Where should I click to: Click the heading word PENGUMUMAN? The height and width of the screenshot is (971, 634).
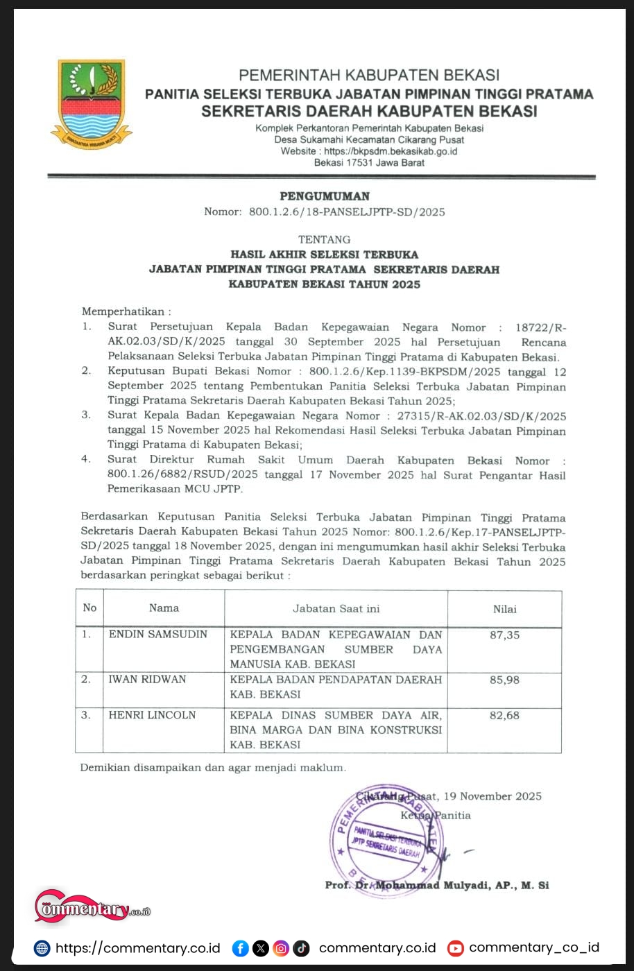click(325, 196)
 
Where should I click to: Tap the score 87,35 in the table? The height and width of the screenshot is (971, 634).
click(504, 635)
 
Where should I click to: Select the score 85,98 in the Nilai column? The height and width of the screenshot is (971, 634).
click(504, 680)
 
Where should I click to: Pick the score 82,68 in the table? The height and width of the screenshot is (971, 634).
click(504, 716)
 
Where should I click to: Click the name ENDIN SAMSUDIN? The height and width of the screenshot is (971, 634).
click(157, 635)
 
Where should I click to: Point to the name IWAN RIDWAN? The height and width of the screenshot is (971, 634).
click(147, 680)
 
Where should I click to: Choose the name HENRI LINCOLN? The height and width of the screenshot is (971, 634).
click(152, 715)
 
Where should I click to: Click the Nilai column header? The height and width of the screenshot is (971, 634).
click(504, 609)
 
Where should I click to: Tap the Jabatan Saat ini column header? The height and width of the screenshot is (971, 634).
click(336, 608)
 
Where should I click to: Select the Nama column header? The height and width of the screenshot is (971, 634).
click(164, 608)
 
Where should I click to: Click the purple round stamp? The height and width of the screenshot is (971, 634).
click(385, 841)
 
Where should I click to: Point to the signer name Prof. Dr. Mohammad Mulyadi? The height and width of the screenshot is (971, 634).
click(437, 886)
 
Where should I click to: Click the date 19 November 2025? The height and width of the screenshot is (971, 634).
click(492, 796)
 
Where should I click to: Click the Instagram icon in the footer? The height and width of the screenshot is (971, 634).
click(281, 948)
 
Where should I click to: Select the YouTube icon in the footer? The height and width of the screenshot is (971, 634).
click(455, 948)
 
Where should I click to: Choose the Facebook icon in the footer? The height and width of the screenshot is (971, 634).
click(240, 948)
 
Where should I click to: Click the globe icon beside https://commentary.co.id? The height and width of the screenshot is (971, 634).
click(42, 948)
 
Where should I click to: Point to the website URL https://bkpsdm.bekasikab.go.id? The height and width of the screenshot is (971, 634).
click(391, 151)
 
